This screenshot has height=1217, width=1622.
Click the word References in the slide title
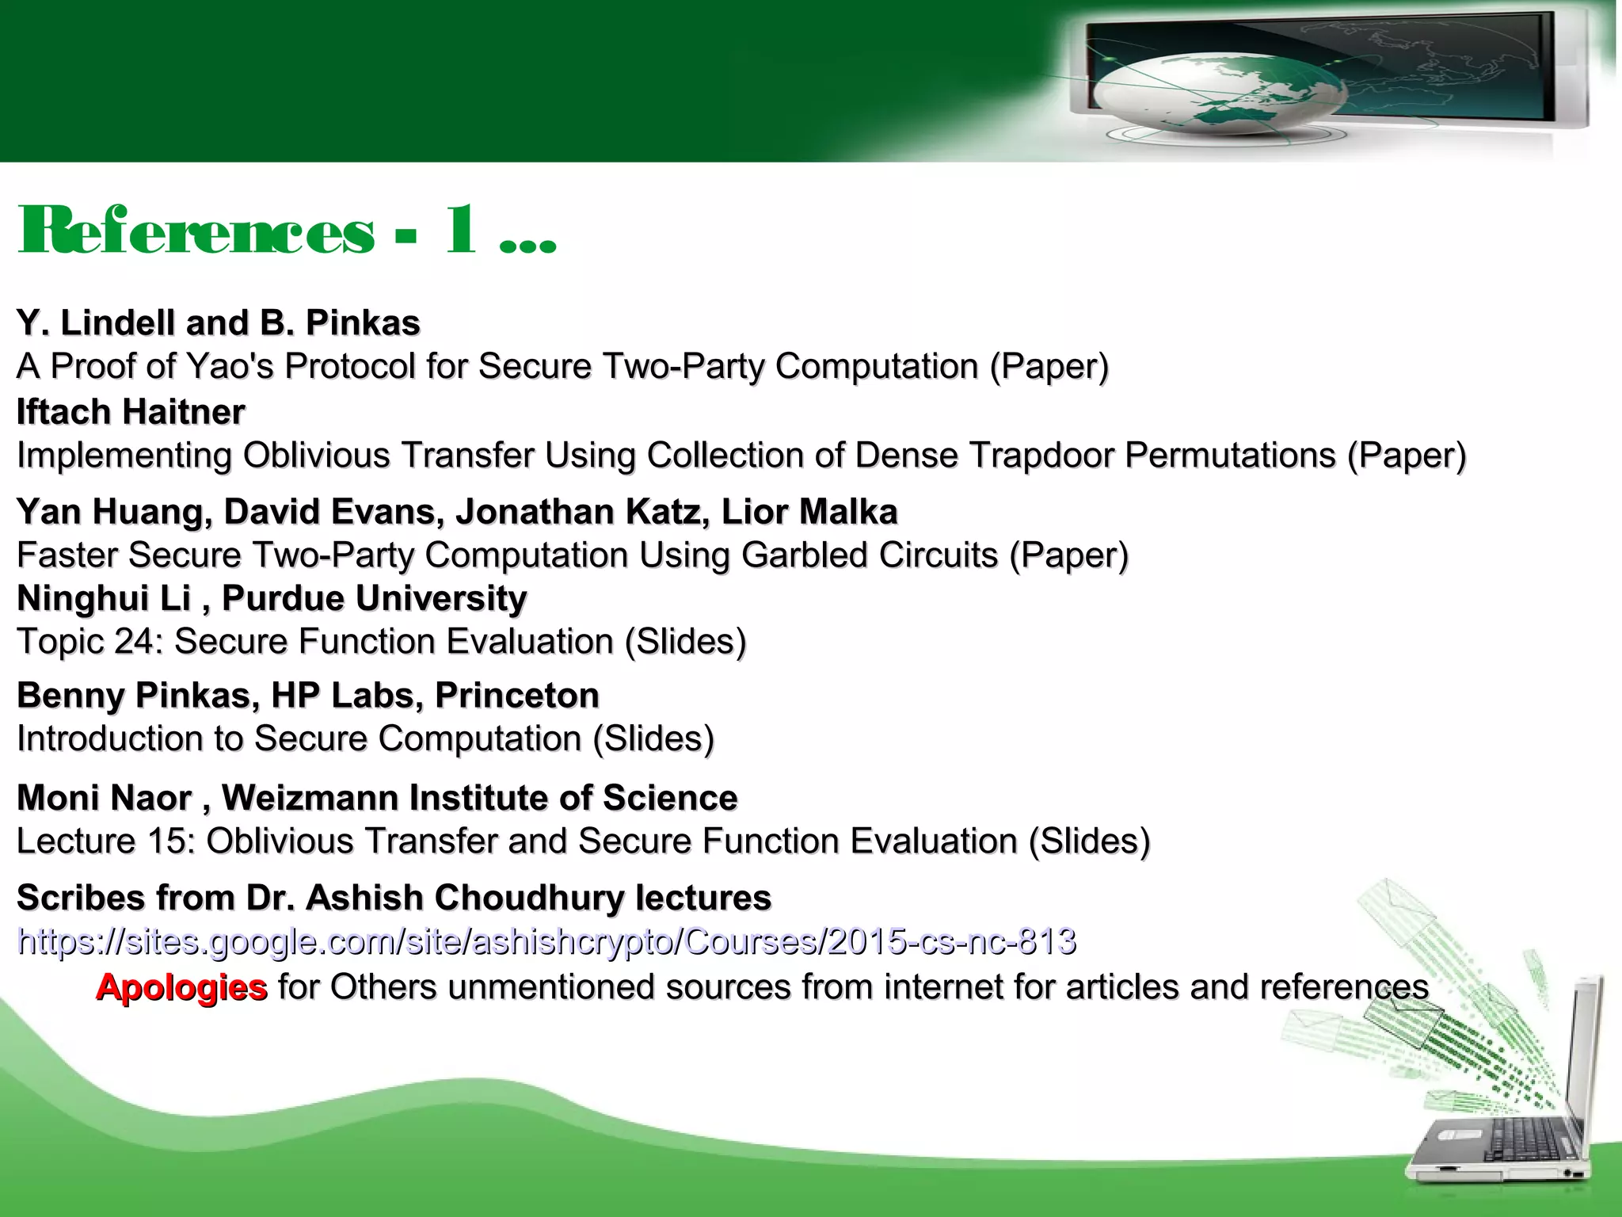tap(196, 231)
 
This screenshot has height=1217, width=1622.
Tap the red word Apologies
tap(181, 987)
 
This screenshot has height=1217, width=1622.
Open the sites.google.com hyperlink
tap(546, 941)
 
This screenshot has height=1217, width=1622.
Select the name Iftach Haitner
tap(131, 412)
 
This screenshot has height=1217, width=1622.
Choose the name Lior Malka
tap(809, 512)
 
